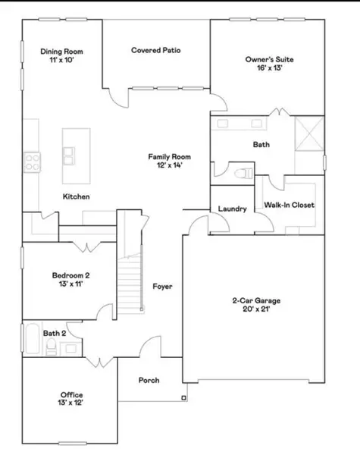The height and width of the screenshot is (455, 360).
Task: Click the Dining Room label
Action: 61,52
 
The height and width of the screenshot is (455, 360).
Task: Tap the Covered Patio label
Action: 155,51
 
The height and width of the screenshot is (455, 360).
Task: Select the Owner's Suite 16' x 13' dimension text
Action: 269,67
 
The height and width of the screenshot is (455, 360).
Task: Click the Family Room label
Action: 167,156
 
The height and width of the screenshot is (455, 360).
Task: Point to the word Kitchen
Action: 77,196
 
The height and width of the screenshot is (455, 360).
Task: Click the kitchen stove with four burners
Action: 33,161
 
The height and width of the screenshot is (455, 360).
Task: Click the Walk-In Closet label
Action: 289,205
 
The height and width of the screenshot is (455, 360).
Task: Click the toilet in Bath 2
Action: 51,347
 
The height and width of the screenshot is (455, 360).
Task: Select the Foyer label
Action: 162,287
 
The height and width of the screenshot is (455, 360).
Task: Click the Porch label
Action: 149,380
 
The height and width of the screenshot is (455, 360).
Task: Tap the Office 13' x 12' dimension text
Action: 72,403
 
